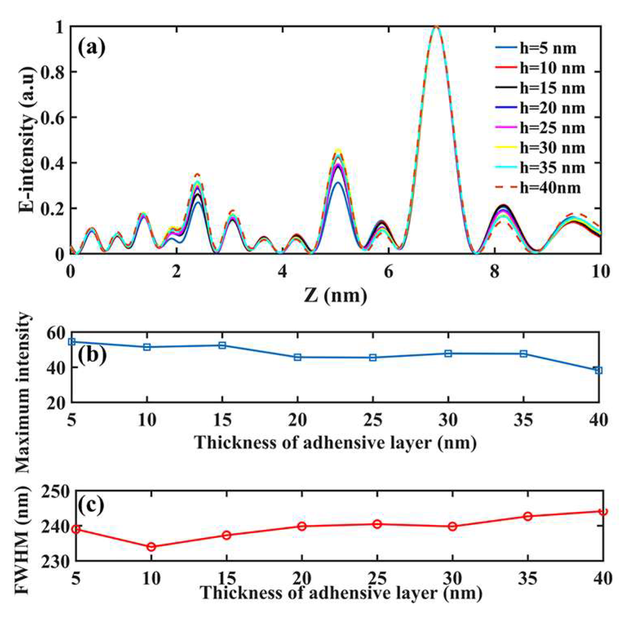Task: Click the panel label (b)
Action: tap(92, 354)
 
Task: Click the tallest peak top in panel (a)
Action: tap(436, 27)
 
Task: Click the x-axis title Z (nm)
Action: tap(335, 295)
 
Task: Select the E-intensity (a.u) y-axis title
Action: tap(27, 140)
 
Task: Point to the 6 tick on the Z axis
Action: tap(389, 271)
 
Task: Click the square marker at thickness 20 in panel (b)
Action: tap(298, 357)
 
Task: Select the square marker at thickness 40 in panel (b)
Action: tap(598, 370)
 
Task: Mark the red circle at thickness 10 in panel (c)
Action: tap(151, 547)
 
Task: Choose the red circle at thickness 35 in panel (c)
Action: tap(528, 516)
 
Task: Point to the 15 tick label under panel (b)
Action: tap(222, 420)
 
